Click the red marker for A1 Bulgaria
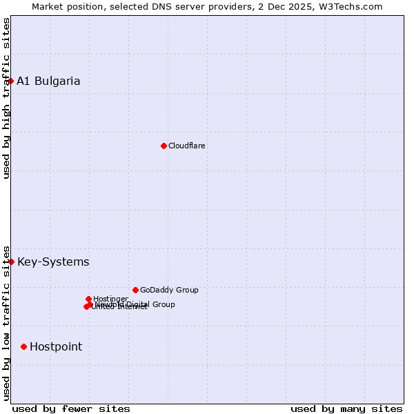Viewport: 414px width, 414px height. click(x=10, y=81)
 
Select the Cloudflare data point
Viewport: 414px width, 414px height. click(x=164, y=146)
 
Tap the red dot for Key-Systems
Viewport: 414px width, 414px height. click(x=11, y=262)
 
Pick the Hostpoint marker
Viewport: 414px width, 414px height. click(x=23, y=346)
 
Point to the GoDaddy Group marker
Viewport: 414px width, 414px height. click(x=135, y=290)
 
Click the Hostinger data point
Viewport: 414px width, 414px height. click(x=88, y=299)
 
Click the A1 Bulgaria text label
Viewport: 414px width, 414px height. click(x=48, y=81)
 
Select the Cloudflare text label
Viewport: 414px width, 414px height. click(x=187, y=146)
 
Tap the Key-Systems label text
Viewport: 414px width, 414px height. click(x=53, y=262)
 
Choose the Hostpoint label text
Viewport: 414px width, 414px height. click(x=56, y=346)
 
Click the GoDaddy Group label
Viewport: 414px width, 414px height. click(x=169, y=290)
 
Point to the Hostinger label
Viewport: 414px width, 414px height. click(x=110, y=299)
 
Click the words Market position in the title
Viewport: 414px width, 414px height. click(x=66, y=6)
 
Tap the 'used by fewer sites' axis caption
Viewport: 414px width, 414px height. click(x=71, y=408)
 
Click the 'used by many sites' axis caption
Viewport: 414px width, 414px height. click(x=346, y=408)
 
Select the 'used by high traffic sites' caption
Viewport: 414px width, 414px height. click(x=6, y=98)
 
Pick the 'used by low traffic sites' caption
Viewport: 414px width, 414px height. click(x=6, y=323)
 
